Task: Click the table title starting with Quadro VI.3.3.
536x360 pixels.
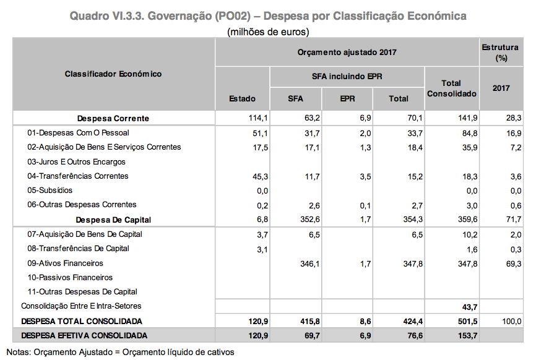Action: (x=267, y=15)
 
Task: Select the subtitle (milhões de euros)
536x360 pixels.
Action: (x=268, y=31)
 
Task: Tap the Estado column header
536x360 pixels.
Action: (x=242, y=98)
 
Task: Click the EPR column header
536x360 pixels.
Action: (x=347, y=98)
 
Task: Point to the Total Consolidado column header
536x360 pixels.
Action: (x=451, y=88)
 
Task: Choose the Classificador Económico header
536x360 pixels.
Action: (x=113, y=74)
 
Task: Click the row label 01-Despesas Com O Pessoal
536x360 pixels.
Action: (x=78, y=133)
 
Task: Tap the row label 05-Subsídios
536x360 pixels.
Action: (x=50, y=191)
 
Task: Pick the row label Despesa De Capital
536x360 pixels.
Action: (x=113, y=220)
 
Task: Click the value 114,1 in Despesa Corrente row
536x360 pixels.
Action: (x=257, y=118)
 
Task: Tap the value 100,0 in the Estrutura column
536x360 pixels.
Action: (x=511, y=321)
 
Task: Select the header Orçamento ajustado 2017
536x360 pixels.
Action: (x=347, y=53)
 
